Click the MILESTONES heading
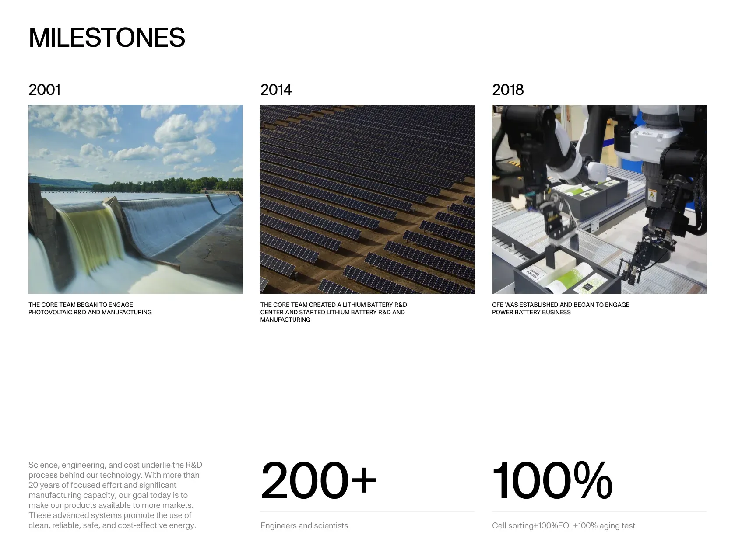106,37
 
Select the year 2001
44,90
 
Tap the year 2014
276,90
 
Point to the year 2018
508,90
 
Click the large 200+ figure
318,480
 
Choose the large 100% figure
552,480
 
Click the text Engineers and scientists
304,525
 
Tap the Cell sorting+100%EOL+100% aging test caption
563,525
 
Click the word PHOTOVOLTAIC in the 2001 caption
50,312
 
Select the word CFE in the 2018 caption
498,305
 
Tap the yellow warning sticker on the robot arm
652,194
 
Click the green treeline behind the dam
167,185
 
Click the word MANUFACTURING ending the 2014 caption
285,320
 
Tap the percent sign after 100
593,480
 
